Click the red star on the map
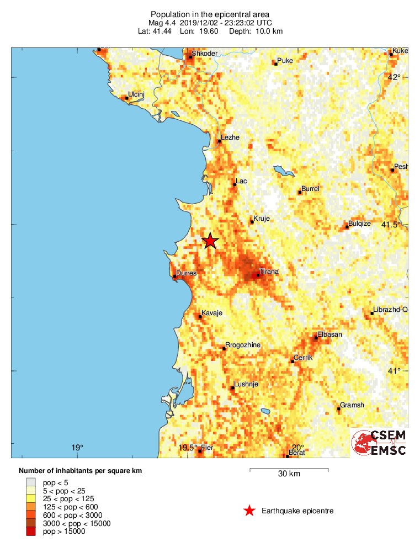coord(210,241)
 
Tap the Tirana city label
coord(269,272)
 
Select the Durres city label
coord(186,273)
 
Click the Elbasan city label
coord(330,334)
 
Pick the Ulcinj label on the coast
coord(136,94)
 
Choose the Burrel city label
coord(310,189)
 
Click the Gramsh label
coord(352,405)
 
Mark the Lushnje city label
coord(246,384)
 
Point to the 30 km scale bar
coord(289,470)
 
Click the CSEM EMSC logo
coord(379,443)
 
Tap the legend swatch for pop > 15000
coord(30,532)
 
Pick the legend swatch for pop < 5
coord(30,482)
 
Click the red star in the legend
coord(249,511)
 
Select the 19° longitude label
coord(77,448)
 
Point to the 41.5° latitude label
coord(392,224)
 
